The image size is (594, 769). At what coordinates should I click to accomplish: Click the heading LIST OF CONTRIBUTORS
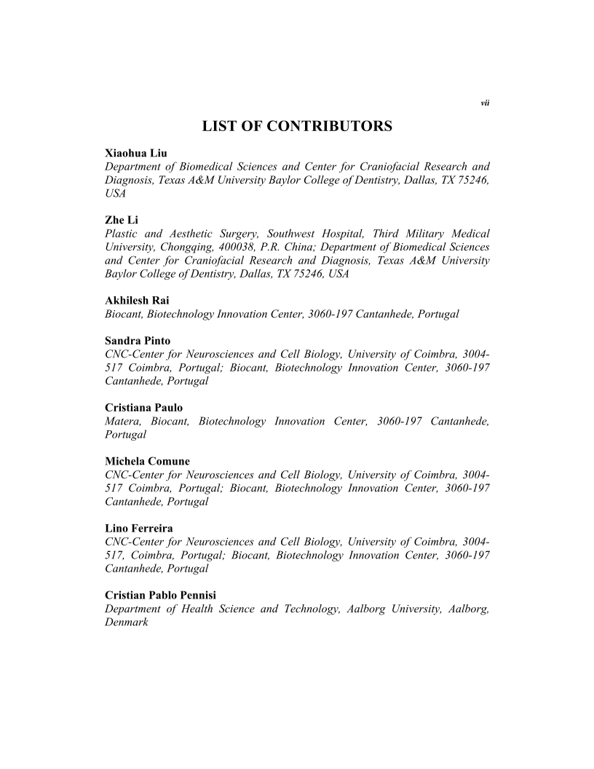(297, 127)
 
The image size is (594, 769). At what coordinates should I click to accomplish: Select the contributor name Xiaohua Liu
(136, 154)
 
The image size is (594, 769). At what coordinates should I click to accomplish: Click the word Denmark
(127, 622)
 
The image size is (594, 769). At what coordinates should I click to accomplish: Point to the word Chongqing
(192, 247)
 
